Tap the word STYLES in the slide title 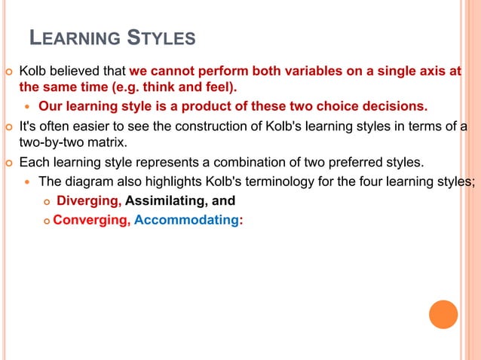161,38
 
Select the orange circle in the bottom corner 443,314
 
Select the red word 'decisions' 394,105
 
